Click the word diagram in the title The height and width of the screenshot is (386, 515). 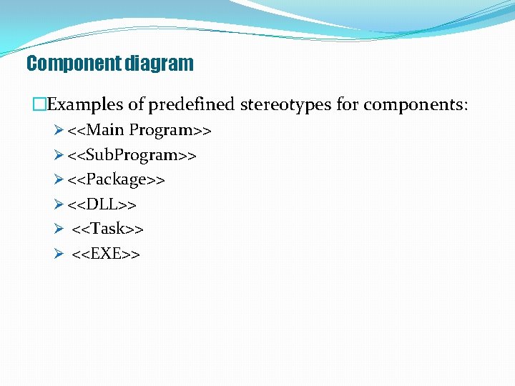pos(159,64)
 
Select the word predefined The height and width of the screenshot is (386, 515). pos(191,105)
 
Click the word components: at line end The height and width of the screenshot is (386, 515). pos(416,105)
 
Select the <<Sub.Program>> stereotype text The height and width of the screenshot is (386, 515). pos(132,155)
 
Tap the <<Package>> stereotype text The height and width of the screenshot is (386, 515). pos(117,179)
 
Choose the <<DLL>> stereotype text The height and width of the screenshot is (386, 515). pos(102,204)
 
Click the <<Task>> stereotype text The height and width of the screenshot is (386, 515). pos(108,229)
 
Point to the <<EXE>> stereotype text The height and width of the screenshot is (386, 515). pos(106,253)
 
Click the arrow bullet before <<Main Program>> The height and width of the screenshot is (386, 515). pos(59,131)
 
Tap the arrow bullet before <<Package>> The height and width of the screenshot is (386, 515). pos(59,179)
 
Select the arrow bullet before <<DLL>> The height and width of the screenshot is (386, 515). pos(59,204)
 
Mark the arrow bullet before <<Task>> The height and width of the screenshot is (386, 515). pos(59,229)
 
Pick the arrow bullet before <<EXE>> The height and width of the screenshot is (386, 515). pos(59,253)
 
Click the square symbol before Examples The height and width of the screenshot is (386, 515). pos(39,105)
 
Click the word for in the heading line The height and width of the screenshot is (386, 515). pos(347,105)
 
